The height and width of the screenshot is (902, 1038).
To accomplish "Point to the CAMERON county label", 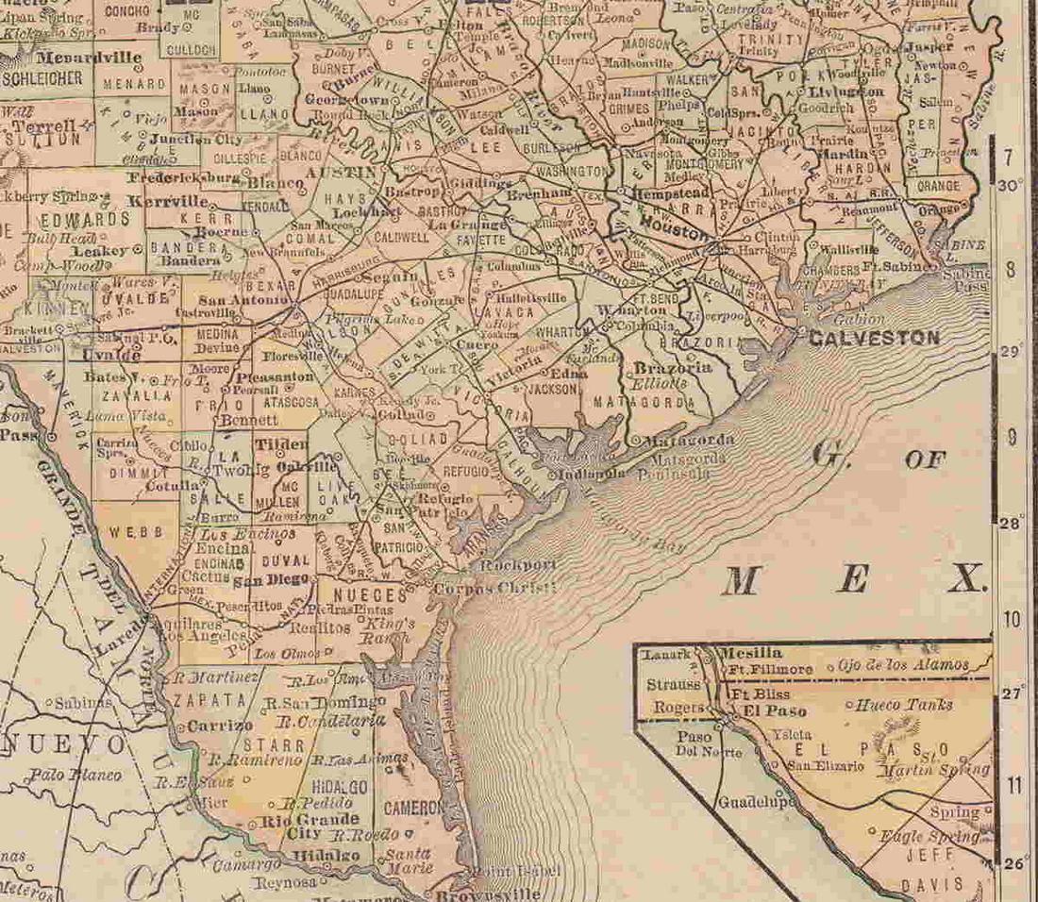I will (x=412, y=808).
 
